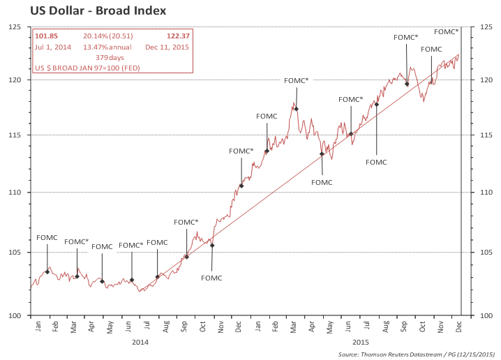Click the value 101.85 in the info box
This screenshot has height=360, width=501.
pos(46,36)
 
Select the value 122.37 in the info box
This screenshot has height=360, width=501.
pos(178,36)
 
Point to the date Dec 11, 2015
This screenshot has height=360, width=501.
pos(167,47)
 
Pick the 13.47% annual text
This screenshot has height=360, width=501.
pos(108,47)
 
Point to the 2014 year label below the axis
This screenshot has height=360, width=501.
pos(140,342)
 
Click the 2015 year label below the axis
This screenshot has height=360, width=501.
pos(360,342)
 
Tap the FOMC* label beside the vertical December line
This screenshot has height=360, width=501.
pos(446,31)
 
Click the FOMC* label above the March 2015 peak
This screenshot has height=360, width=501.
pos(296,81)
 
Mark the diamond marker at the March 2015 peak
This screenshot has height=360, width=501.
pos(296,109)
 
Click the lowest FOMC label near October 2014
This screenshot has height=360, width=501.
pos(211,278)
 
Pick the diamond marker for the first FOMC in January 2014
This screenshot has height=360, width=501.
pos(47,271)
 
